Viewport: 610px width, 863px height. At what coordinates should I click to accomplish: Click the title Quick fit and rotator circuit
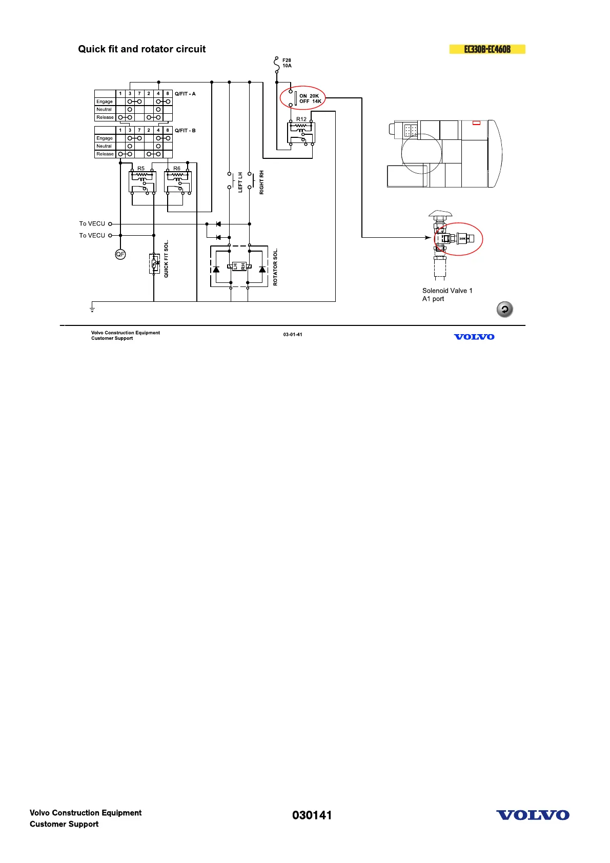coord(142,49)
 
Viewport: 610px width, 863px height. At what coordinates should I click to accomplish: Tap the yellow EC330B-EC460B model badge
coord(487,49)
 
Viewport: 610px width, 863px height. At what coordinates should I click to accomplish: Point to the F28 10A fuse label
coord(287,63)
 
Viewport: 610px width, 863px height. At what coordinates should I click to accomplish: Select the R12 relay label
coord(301,119)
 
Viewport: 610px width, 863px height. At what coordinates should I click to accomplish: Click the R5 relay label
coord(141,169)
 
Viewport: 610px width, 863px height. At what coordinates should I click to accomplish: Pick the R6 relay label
coord(177,169)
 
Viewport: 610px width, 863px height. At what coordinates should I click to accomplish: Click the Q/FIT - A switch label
coord(185,94)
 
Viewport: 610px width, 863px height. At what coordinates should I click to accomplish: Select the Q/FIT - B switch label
coord(185,131)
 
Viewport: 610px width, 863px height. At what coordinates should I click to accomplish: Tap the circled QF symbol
coord(120,254)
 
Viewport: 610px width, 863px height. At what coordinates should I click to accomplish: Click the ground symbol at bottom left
coord(92,307)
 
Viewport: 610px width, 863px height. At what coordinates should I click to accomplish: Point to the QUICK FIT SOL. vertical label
coord(166,259)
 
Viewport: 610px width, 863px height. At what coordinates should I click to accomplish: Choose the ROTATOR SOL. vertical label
coord(275,267)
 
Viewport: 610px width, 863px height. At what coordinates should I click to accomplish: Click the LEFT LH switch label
coord(240,182)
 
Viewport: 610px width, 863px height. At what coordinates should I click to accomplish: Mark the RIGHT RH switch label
coord(262,182)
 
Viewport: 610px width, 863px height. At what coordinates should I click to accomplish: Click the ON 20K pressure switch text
coord(309,96)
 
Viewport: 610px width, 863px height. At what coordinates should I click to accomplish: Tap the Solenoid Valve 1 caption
coord(447,291)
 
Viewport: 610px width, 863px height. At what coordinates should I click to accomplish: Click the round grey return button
coord(504,310)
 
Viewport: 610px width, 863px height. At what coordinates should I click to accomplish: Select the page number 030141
coord(312,815)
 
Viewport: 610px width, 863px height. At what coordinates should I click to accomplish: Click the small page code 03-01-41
coord(293,335)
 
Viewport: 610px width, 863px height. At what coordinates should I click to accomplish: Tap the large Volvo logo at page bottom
coord(533,815)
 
